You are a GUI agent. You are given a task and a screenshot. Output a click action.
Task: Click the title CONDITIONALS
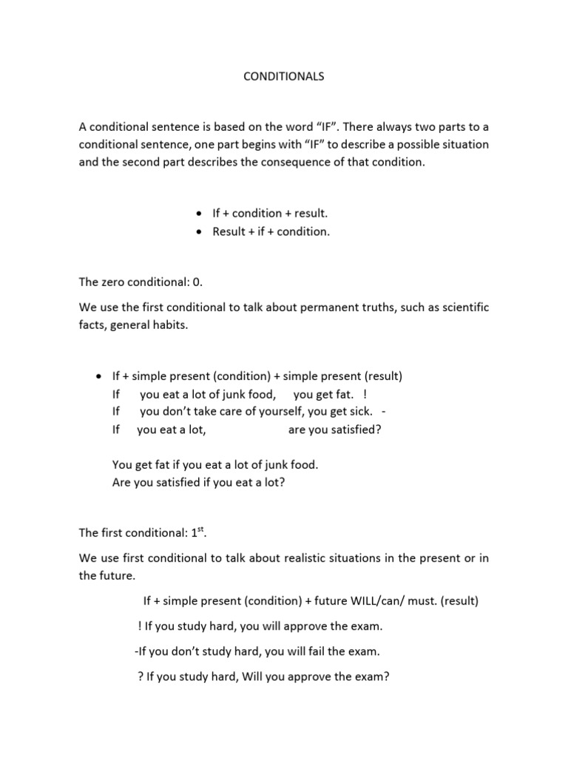point(284,76)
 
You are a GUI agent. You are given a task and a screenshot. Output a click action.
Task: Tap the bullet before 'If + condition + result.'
point(199,214)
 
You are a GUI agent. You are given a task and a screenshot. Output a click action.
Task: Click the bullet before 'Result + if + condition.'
point(199,232)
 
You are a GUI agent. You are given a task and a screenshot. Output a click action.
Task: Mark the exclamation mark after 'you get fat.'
point(366,393)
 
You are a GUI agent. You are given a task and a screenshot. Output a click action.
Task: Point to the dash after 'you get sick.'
point(385,411)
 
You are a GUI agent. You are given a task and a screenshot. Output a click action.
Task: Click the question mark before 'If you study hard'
point(141,676)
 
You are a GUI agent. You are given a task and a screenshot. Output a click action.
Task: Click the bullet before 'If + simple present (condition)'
point(99,376)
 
